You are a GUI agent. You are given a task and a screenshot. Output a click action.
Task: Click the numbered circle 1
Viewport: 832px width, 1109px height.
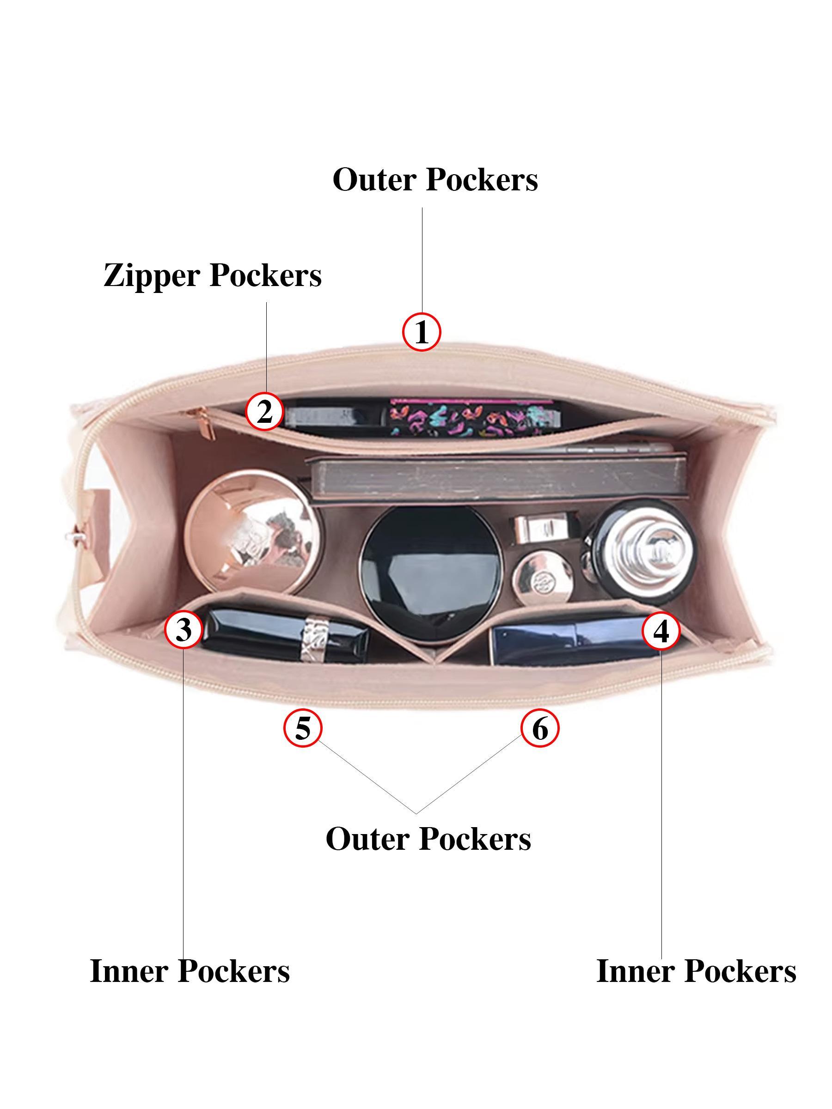pyautogui.click(x=422, y=332)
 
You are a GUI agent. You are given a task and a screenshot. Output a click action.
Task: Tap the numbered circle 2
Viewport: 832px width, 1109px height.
pyautogui.click(x=264, y=412)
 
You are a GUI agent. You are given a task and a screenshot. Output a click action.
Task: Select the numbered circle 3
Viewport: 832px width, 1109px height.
pyautogui.click(x=184, y=630)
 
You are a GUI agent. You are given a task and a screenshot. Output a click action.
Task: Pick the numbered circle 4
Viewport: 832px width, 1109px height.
pyautogui.click(x=661, y=631)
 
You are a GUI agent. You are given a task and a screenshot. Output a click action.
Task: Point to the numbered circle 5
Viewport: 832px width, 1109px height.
pyautogui.click(x=303, y=728)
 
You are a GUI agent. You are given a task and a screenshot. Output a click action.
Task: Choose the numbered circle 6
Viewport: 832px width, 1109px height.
pyautogui.click(x=539, y=728)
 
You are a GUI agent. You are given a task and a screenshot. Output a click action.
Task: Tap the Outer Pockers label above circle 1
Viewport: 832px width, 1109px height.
pyautogui.click(x=435, y=179)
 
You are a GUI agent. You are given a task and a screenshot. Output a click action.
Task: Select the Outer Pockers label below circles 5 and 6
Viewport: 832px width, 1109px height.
pyautogui.click(x=428, y=839)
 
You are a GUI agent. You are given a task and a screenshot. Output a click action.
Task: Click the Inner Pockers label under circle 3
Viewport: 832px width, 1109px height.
pyautogui.click(x=190, y=971)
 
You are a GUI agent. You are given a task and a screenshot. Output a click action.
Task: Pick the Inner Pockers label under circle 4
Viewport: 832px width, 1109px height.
pyautogui.click(x=696, y=971)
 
